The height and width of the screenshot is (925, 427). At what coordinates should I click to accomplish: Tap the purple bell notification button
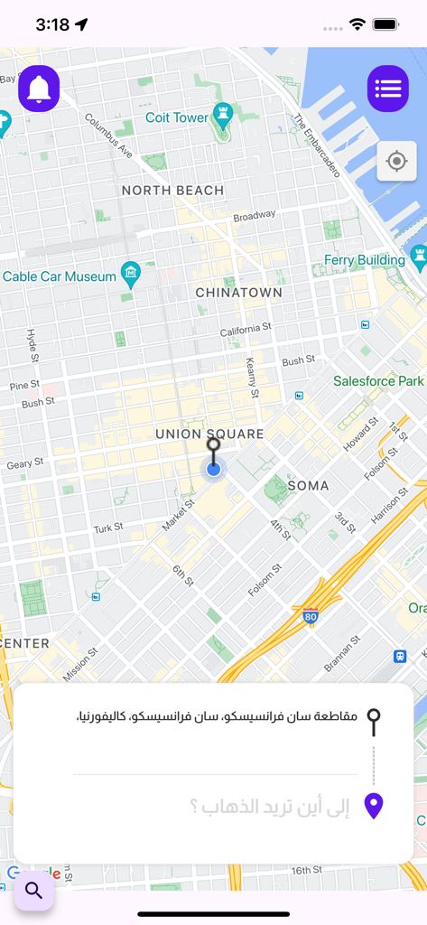39,89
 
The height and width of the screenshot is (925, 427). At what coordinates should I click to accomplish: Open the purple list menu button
388,89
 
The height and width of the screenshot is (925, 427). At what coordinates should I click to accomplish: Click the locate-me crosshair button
396,162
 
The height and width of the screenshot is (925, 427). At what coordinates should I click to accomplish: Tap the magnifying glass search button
34,891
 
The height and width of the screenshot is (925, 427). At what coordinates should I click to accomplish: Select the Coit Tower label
177,117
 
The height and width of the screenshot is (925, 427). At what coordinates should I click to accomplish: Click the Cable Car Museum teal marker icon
131,274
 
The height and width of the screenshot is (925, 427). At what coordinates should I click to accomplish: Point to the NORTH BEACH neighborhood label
172,190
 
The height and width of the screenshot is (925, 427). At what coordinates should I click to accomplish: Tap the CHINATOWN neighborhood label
238,293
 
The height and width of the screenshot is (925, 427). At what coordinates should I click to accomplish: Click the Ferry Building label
365,260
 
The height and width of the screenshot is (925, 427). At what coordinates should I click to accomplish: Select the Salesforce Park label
378,381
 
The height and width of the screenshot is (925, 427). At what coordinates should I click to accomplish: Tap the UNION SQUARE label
209,434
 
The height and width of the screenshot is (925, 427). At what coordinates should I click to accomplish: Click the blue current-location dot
213,469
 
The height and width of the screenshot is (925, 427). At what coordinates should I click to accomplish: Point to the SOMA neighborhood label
308,486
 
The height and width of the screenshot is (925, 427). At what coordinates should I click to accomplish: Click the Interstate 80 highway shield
311,618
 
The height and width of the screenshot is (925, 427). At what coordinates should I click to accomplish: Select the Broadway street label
254,216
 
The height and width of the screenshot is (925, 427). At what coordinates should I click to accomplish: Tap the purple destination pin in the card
373,806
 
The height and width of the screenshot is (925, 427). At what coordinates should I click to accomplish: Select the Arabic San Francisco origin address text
217,717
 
